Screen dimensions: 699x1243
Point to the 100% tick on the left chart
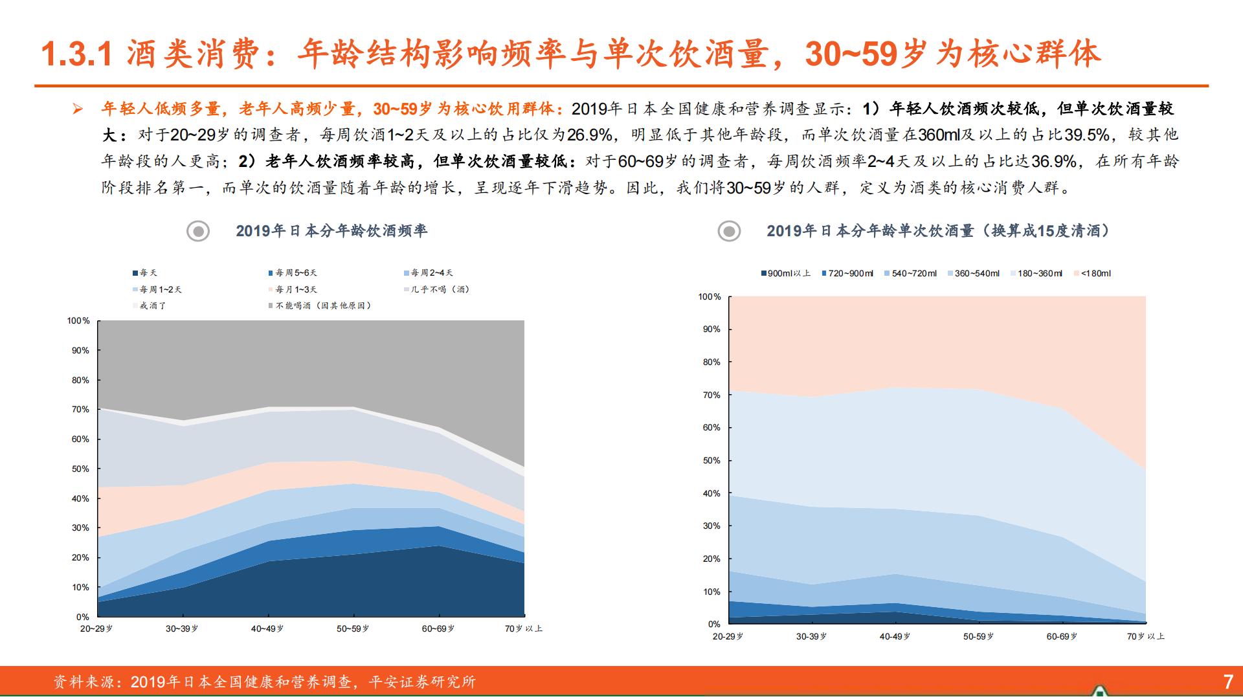click(78, 321)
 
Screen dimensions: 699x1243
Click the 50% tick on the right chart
click(711, 461)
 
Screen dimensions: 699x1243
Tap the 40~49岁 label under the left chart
click(267, 629)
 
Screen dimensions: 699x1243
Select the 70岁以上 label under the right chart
click(1145, 637)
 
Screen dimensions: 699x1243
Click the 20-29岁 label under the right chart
click(728, 637)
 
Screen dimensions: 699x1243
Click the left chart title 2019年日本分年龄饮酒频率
click(331, 231)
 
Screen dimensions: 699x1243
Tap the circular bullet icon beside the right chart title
click(729, 231)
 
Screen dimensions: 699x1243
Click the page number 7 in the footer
click(1227, 682)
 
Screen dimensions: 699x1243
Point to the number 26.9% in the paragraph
click(589, 135)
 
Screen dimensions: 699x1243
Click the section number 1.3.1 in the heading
click(77, 54)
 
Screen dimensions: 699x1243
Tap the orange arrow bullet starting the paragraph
click(78, 109)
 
